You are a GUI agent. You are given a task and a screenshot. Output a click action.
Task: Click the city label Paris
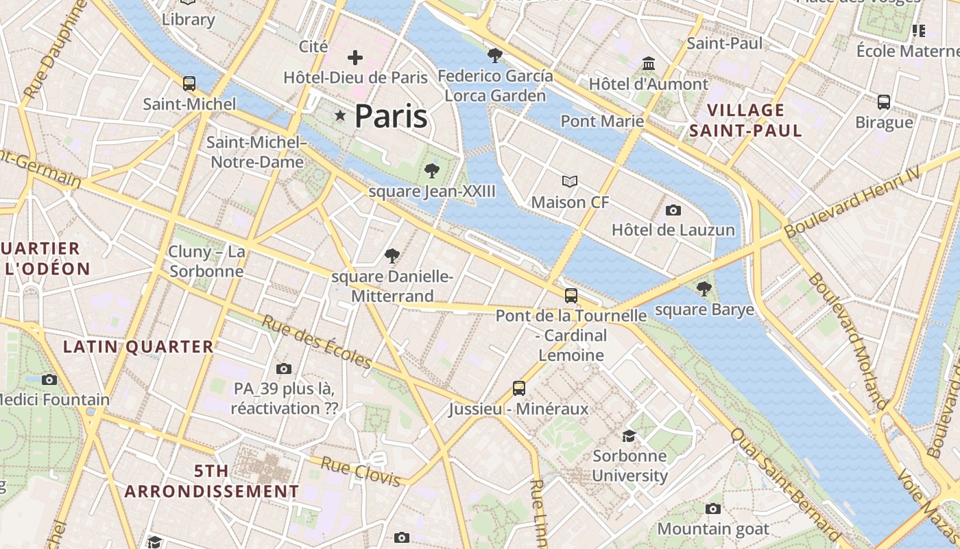(391, 116)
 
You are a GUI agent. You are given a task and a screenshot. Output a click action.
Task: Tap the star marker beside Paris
(339, 115)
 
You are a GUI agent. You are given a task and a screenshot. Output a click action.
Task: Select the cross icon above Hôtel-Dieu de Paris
(355, 58)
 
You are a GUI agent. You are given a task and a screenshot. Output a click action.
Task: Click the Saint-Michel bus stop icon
(189, 84)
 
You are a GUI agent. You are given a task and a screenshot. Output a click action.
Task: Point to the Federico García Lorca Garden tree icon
(494, 56)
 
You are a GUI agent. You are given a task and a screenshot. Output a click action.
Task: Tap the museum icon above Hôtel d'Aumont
(648, 64)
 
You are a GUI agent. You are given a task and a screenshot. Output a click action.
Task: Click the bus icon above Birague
(884, 102)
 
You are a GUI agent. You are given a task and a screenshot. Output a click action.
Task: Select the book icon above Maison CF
(570, 182)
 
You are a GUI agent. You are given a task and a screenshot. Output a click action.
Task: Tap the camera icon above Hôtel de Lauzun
(673, 210)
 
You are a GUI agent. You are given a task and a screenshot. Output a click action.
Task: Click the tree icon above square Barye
(704, 289)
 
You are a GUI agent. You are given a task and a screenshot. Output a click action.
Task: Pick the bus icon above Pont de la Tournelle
(571, 296)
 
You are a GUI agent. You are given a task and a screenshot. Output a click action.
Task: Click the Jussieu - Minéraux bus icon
(519, 388)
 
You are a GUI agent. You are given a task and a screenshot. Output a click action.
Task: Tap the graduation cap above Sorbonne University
(629, 436)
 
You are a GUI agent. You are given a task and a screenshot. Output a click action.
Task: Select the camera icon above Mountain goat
(713, 509)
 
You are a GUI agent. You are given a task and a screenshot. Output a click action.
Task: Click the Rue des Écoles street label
(317, 341)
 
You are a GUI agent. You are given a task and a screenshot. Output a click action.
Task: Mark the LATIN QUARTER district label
(139, 347)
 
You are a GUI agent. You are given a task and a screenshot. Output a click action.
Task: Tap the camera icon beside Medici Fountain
(49, 379)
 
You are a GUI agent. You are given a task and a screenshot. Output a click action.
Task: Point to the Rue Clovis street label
(360, 471)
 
